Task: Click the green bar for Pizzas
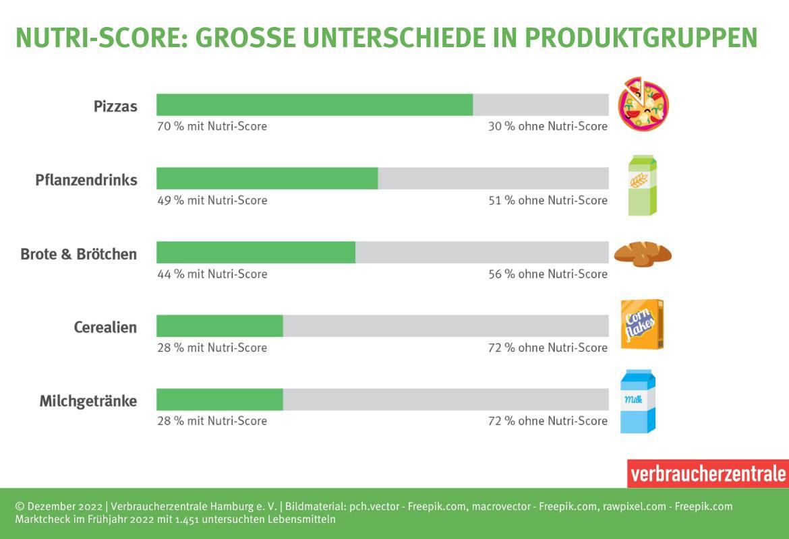tap(314, 105)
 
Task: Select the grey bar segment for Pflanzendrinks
tap(493, 179)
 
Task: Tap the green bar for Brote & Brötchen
tap(256, 252)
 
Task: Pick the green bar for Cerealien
tap(219, 325)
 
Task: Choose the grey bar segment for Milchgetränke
tap(445, 399)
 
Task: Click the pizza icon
tap(643, 104)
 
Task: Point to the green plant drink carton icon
tap(642, 185)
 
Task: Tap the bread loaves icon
tap(642, 254)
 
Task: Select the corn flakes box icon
tap(642, 325)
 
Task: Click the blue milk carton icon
tap(638, 402)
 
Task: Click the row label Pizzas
tap(115, 106)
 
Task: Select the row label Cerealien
tap(105, 327)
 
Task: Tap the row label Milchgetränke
tap(88, 402)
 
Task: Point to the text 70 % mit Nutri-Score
tap(212, 127)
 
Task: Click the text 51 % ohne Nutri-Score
tap(548, 200)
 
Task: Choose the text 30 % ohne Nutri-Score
tap(548, 127)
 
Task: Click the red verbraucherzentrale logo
tap(707, 474)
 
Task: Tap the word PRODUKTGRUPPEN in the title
tap(641, 38)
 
